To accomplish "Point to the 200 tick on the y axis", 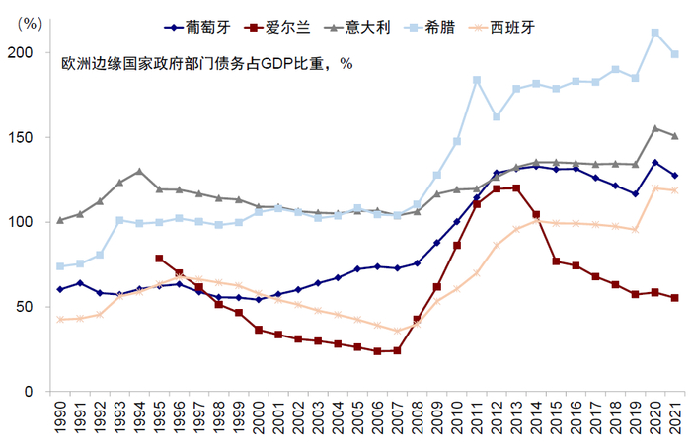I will [32, 52].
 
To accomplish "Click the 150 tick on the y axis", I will [32, 137].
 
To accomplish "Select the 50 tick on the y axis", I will [36, 307].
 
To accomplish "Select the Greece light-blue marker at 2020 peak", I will [655, 33].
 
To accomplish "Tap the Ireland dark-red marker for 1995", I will [159, 259].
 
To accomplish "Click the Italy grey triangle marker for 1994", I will [139, 171].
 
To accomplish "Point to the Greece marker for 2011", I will [477, 80].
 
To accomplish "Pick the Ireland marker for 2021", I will [675, 298].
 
